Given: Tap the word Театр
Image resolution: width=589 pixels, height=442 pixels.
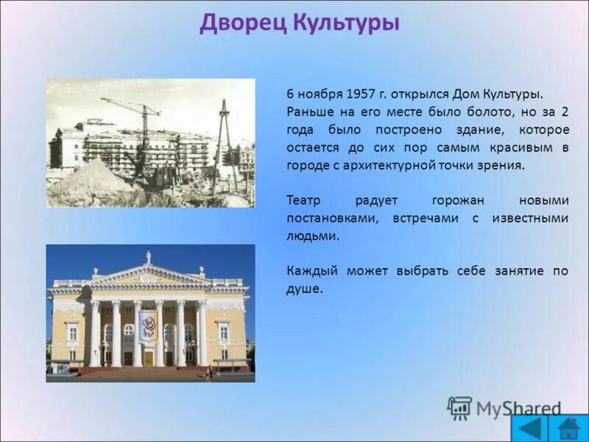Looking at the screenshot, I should click(303, 200).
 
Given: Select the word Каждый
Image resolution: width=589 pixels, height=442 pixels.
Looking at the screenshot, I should click(308, 271).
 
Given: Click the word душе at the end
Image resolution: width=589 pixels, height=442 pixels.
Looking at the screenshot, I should click(303, 289).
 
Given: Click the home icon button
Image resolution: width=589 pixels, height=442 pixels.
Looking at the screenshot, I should click(568, 427).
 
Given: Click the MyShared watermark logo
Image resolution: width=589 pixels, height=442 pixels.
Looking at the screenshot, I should click(504, 408).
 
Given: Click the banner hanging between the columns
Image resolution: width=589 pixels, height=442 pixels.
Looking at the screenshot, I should click(148, 326).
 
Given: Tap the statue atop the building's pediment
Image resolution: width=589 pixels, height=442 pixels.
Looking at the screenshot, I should click(148, 256).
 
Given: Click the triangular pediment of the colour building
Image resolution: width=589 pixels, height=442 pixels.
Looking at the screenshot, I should click(148, 276).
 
